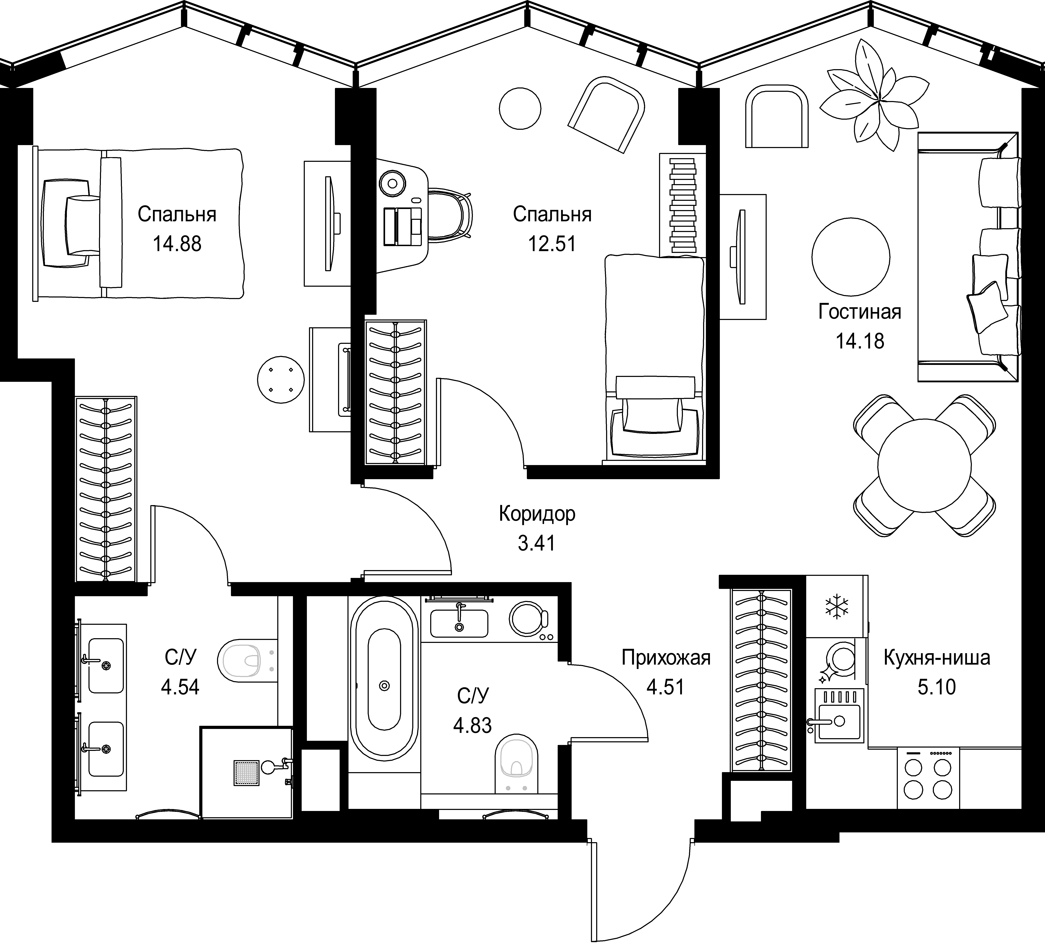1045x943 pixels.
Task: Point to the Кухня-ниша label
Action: (x=937, y=658)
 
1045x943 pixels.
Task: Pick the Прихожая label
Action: (x=666, y=658)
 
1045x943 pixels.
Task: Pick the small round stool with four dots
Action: (x=280, y=379)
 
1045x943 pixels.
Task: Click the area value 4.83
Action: (x=473, y=725)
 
